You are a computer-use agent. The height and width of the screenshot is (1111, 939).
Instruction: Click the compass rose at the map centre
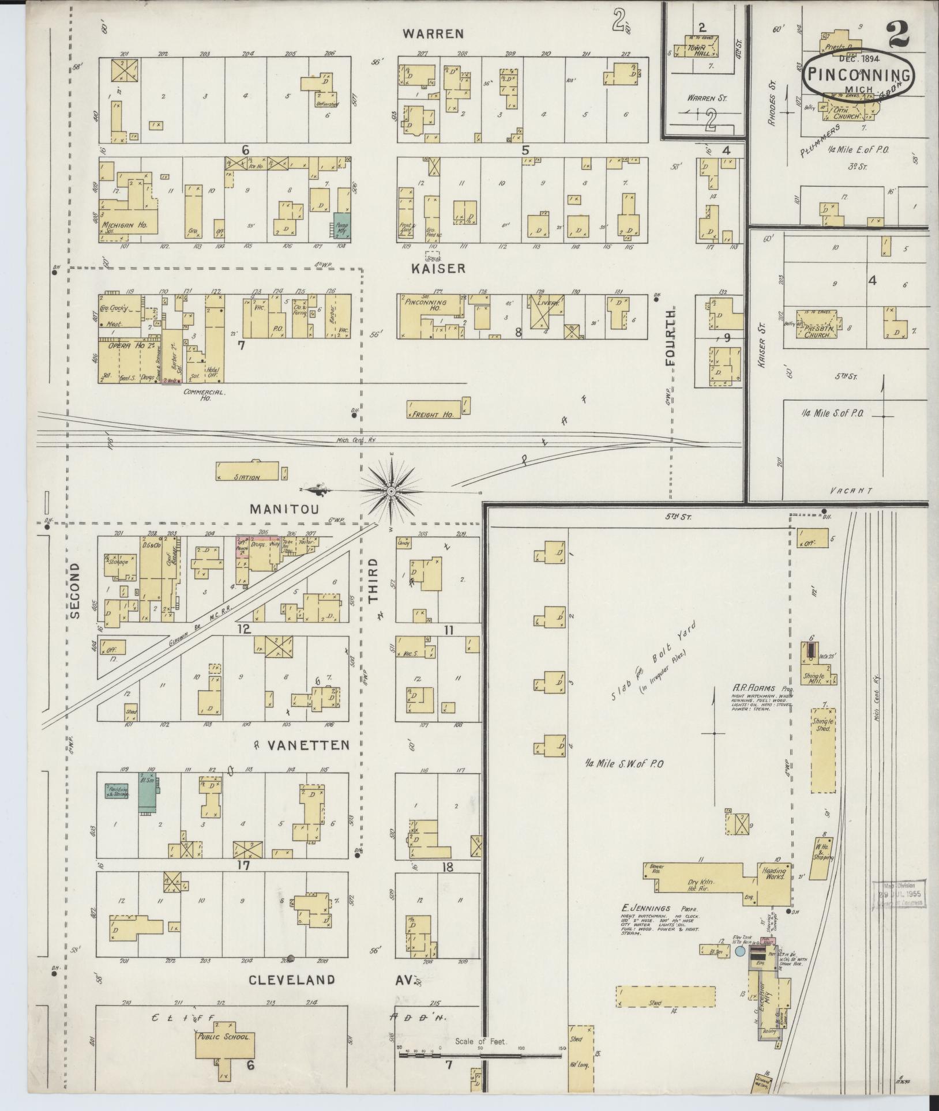pos(391,491)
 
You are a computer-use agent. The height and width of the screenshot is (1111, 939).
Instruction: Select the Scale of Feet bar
pos(480,1056)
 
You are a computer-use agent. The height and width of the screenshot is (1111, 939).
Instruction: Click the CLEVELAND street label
pos(284,980)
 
